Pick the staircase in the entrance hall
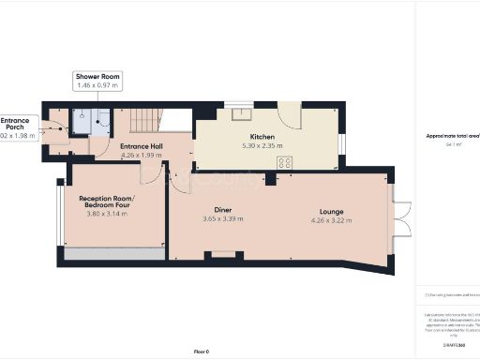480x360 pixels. [x=142, y=120]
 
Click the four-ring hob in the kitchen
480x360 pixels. [x=284, y=162]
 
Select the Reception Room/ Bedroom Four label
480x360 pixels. [x=106, y=203]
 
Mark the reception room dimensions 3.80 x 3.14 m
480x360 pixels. [x=106, y=214]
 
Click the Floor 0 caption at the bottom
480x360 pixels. [x=201, y=351]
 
